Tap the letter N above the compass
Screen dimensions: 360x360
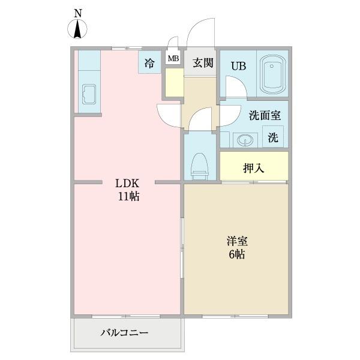pos(77,12)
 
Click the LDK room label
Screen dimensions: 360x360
pos(128,184)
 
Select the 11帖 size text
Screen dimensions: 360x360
pos(128,196)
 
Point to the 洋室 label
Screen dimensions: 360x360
pos(237,241)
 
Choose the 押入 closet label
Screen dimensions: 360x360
pos(254,167)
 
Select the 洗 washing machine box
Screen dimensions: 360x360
pos(273,137)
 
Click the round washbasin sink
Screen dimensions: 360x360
pos(244,140)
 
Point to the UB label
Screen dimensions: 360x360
pos(239,66)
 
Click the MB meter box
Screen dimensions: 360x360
pos(173,59)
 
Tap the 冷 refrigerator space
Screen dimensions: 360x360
pos(149,61)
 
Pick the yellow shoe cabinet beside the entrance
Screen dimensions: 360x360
pos(174,83)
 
